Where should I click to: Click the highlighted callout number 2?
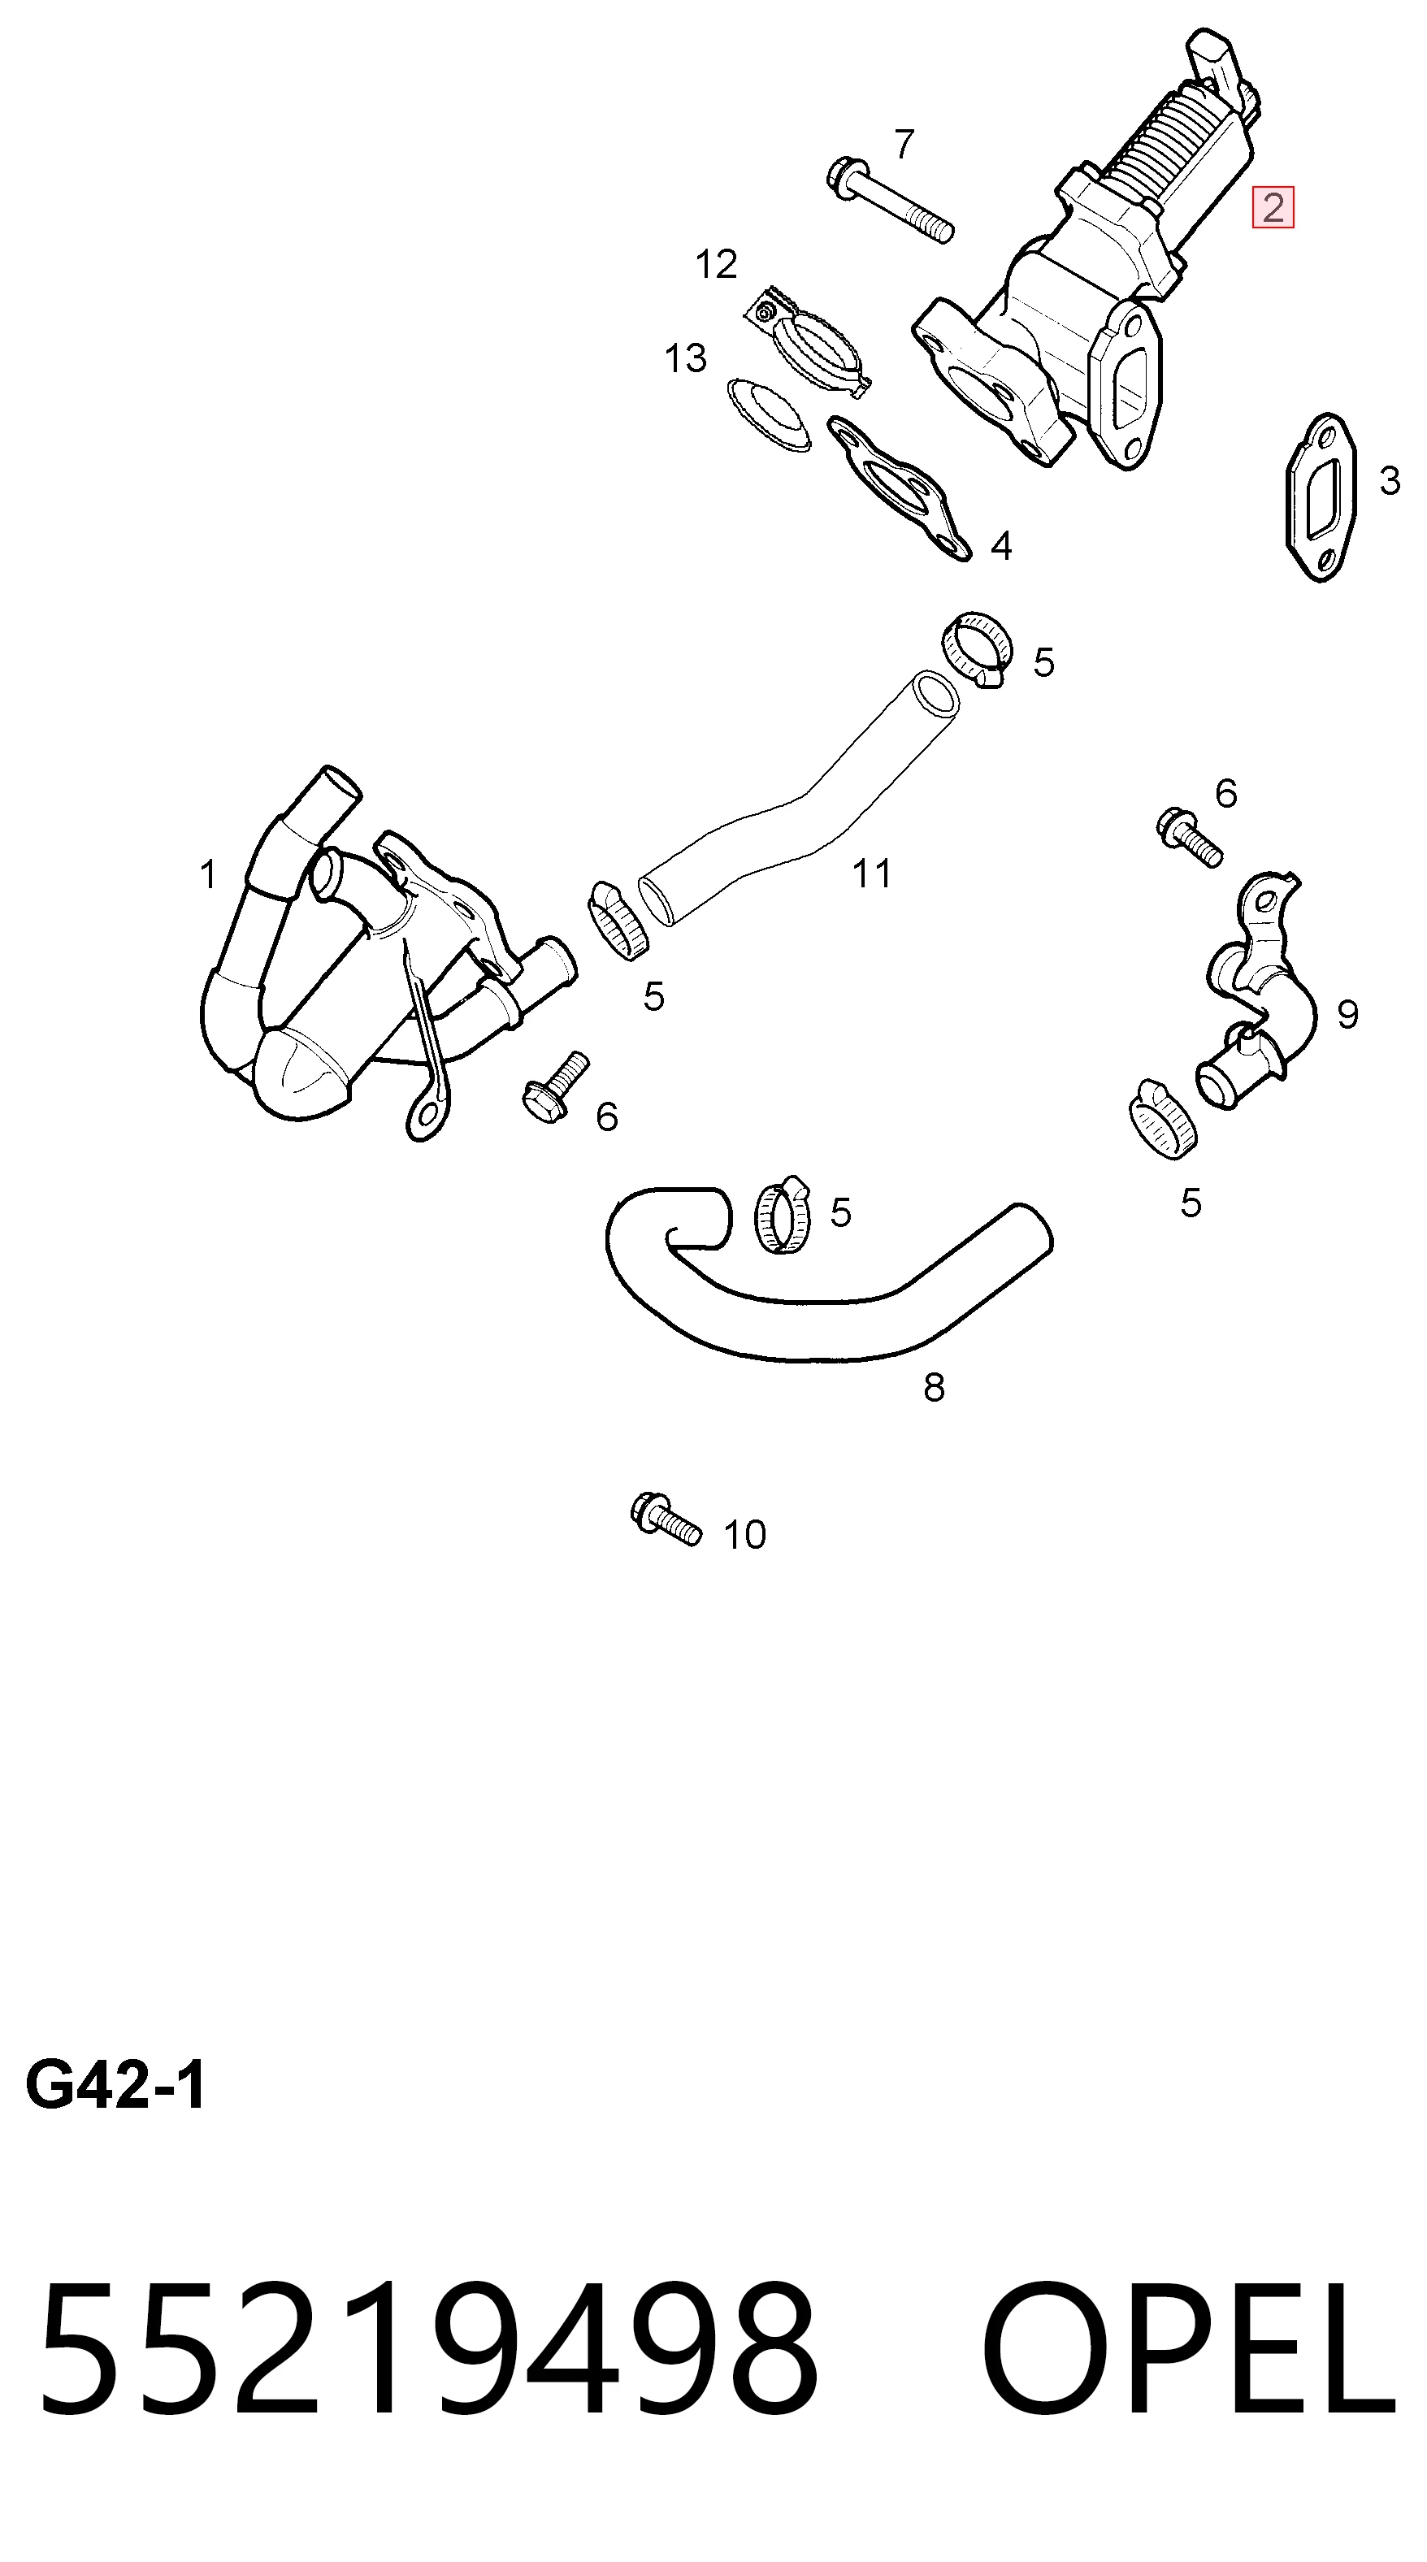click(1273, 208)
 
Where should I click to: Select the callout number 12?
click(716, 265)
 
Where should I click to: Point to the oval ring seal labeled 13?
click(766, 414)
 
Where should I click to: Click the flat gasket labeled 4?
click(898, 488)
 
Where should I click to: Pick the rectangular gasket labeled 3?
click(1315, 497)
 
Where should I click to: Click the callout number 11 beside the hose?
click(872, 874)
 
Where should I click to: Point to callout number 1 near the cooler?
click(208, 875)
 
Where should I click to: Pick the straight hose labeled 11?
click(796, 800)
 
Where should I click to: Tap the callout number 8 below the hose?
click(934, 1387)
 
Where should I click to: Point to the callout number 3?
click(1389, 481)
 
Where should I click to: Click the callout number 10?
click(745, 1535)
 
